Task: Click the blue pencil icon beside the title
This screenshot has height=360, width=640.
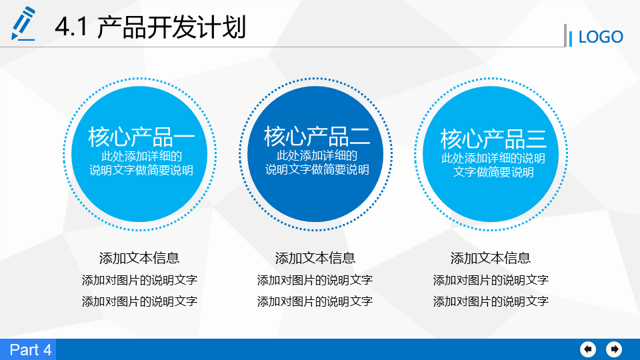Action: point(23,24)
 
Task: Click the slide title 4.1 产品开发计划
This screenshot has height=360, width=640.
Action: point(150,27)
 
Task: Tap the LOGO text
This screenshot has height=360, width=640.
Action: point(601,37)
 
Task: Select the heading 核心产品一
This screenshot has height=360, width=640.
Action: point(141,137)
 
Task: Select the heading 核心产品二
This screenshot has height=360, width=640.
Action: point(317,136)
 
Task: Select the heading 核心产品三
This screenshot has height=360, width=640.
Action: point(493,139)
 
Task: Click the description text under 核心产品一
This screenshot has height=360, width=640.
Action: point(141,163)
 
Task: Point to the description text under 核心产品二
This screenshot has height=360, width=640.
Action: point(317,163)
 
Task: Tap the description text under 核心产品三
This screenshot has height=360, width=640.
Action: point(493,165)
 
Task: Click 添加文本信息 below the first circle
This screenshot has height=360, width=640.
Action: point(139,258)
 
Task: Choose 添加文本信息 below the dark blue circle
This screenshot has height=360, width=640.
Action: point(315,258)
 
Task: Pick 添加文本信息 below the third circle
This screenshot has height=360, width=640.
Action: point(491,258)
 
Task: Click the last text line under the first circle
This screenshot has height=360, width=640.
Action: point(139,301)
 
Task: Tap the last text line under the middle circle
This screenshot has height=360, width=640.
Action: point(315,301)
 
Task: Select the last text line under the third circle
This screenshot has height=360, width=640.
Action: point(491,301)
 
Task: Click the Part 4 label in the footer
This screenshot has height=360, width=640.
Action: point(31,350)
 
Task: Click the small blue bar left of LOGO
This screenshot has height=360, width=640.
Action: point(570,39)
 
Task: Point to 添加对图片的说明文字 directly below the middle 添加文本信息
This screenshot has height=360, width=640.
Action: point(315,280)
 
